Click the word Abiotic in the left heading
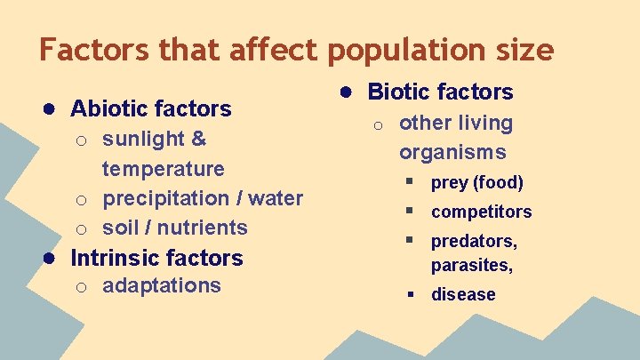tap(108, 108)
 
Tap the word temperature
tap(164, 169)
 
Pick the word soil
tap(121, 228)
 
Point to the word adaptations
tap(162, 285)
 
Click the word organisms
tap(452, 152)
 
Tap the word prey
tap(449, 183)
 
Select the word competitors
tap(481, 212)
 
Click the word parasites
tap(472, 265)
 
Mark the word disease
tap(463, 294)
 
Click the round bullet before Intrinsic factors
tap(52, 258)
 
